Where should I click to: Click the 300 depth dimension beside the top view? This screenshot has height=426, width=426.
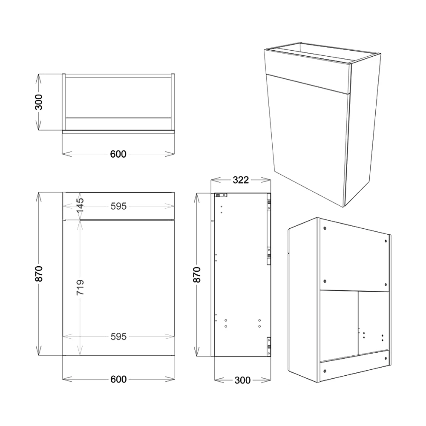click(x=39, y=102)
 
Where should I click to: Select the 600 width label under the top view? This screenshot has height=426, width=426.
click(x=118, y=154)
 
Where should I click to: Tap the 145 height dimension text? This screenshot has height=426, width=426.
click(x=80, y=206)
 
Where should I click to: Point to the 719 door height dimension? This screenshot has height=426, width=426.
click(x=80, y=288)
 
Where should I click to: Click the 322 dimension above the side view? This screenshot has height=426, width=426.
click(x=240, y=180)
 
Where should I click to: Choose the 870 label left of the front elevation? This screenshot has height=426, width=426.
click(x=39, y=274)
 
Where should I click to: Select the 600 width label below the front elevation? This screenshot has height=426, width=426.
click(x=118, y=379)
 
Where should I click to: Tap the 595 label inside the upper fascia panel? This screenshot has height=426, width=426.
click(x=118, y=206)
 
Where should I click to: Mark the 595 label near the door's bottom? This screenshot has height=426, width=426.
click(x=118, y=337)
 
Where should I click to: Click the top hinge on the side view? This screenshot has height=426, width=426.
click(x=269, y=205)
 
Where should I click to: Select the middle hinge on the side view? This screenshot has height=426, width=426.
click(x=269, y=254)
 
